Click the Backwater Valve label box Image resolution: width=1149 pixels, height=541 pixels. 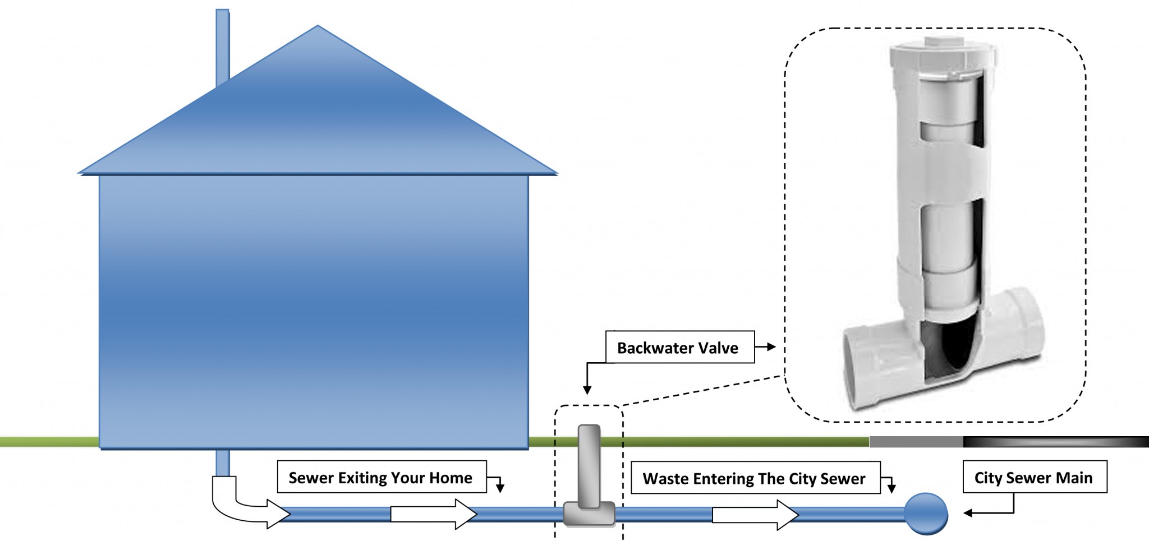(x=679, y=348)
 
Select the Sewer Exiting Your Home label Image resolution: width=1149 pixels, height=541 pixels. (x=381, y=478)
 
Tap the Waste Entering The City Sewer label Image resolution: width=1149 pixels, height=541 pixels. (x=755, y=478)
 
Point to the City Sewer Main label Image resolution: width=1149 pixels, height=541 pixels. (x=1034, y=478)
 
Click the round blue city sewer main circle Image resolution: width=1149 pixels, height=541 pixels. (x=926, y=513)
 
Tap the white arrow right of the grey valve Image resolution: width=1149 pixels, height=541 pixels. (x=755, y=514)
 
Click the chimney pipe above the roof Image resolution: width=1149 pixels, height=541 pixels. (x=222, y=45)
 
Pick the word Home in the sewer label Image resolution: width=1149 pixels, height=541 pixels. (x=451, y=478)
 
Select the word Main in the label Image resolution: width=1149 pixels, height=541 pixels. (x=1075, y=478)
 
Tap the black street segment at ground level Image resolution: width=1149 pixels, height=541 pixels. (x=1055, y=442)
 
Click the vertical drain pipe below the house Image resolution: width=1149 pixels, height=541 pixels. (x=222, y=463)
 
